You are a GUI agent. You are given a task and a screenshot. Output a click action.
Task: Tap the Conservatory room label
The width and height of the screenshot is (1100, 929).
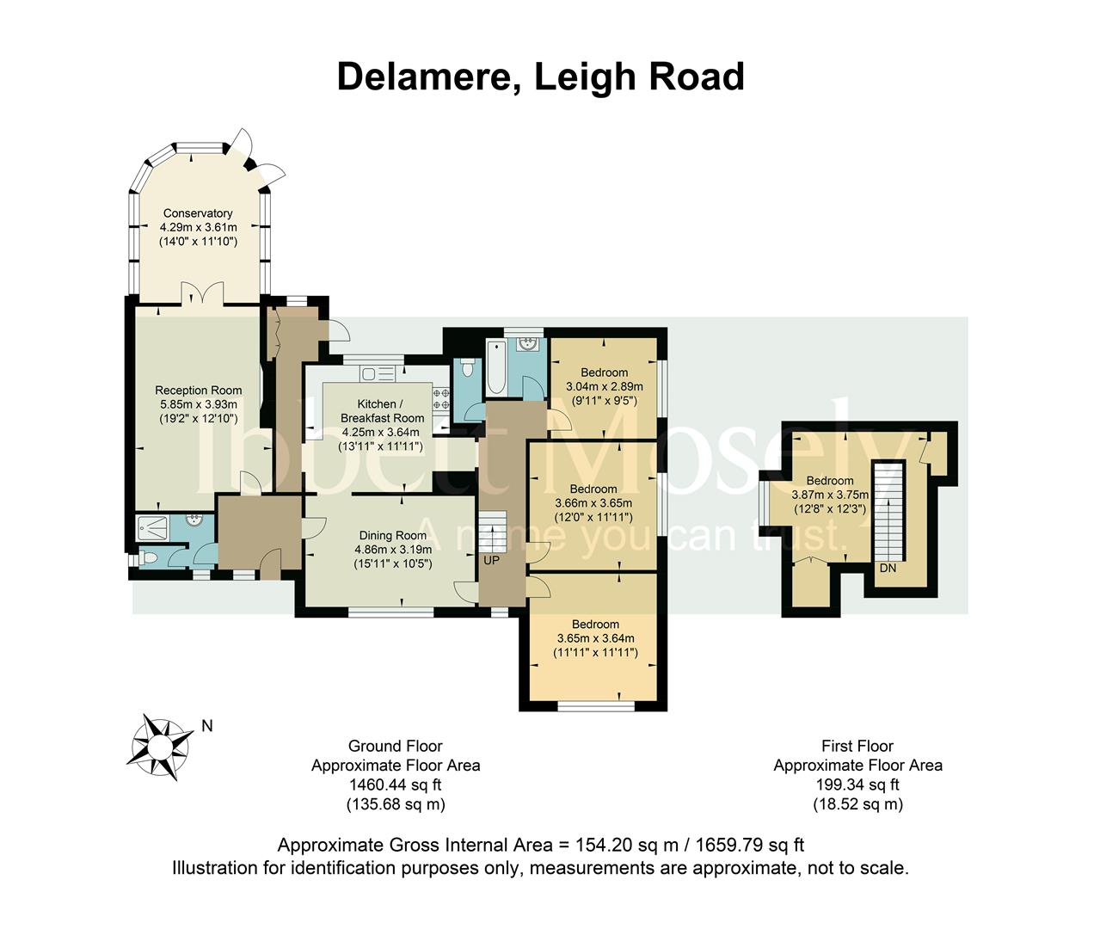(x=198, y=213)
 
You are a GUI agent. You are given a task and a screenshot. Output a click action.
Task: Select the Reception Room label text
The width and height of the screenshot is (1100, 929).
(x=198, y=391)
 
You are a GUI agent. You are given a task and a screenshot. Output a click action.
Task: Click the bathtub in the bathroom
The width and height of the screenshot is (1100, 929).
(x=496, y=367)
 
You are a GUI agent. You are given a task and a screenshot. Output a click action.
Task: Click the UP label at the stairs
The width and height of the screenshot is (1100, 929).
(x=491, y=561)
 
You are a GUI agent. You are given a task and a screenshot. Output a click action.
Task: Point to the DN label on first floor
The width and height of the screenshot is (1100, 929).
(x=888, y=569)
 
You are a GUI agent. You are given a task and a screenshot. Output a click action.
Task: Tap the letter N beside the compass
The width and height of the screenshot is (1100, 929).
(x=207, y=726)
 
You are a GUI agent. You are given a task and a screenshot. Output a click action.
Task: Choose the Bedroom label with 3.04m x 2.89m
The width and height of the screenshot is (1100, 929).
(x=603, y=372)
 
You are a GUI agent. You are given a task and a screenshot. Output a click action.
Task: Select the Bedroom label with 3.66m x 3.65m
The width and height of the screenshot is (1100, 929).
(x=593, y=489)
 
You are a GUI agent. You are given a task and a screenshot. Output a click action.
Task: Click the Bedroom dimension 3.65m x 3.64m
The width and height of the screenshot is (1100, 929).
(x=595, y=638)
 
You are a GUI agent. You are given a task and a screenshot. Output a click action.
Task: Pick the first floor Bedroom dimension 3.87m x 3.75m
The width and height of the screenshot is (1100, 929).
(x=829, y=495)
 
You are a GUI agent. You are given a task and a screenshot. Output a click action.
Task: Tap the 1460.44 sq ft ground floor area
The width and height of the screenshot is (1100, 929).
(x=395, y=784)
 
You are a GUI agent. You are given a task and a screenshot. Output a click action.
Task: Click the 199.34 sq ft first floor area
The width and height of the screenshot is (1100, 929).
(x=857, y=784)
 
